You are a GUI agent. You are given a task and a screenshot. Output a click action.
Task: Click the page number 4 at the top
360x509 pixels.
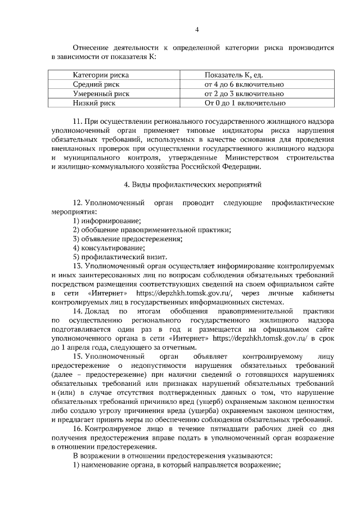[196, 29]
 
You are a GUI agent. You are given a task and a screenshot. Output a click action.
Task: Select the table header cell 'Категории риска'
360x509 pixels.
[101, 74]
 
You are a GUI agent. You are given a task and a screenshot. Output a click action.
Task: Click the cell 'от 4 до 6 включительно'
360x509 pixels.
[244, 84]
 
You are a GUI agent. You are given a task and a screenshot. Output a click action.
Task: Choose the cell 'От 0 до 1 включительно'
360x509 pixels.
[245, 103]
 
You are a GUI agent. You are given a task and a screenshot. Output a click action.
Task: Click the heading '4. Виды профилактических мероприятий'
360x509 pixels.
[192, 184]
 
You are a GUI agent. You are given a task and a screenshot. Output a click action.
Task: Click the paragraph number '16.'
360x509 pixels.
[79, 429]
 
